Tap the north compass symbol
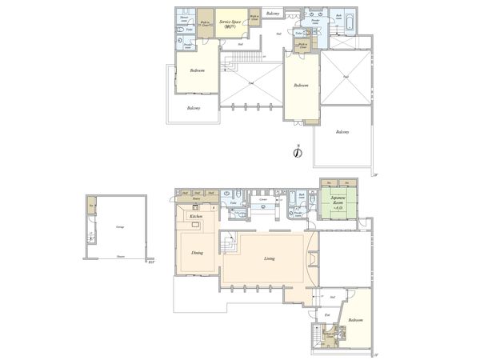pos(296,153)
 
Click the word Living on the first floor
pos(270,258)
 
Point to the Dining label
pos(197,253)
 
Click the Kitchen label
pos(194,217)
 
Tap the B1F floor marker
pos(150,261)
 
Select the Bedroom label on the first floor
pos(357,320)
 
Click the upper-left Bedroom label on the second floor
pos(198,71)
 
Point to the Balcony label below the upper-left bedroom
pos(194,108)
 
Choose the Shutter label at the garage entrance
pos(120,258)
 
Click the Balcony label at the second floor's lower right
pos(342,131)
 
